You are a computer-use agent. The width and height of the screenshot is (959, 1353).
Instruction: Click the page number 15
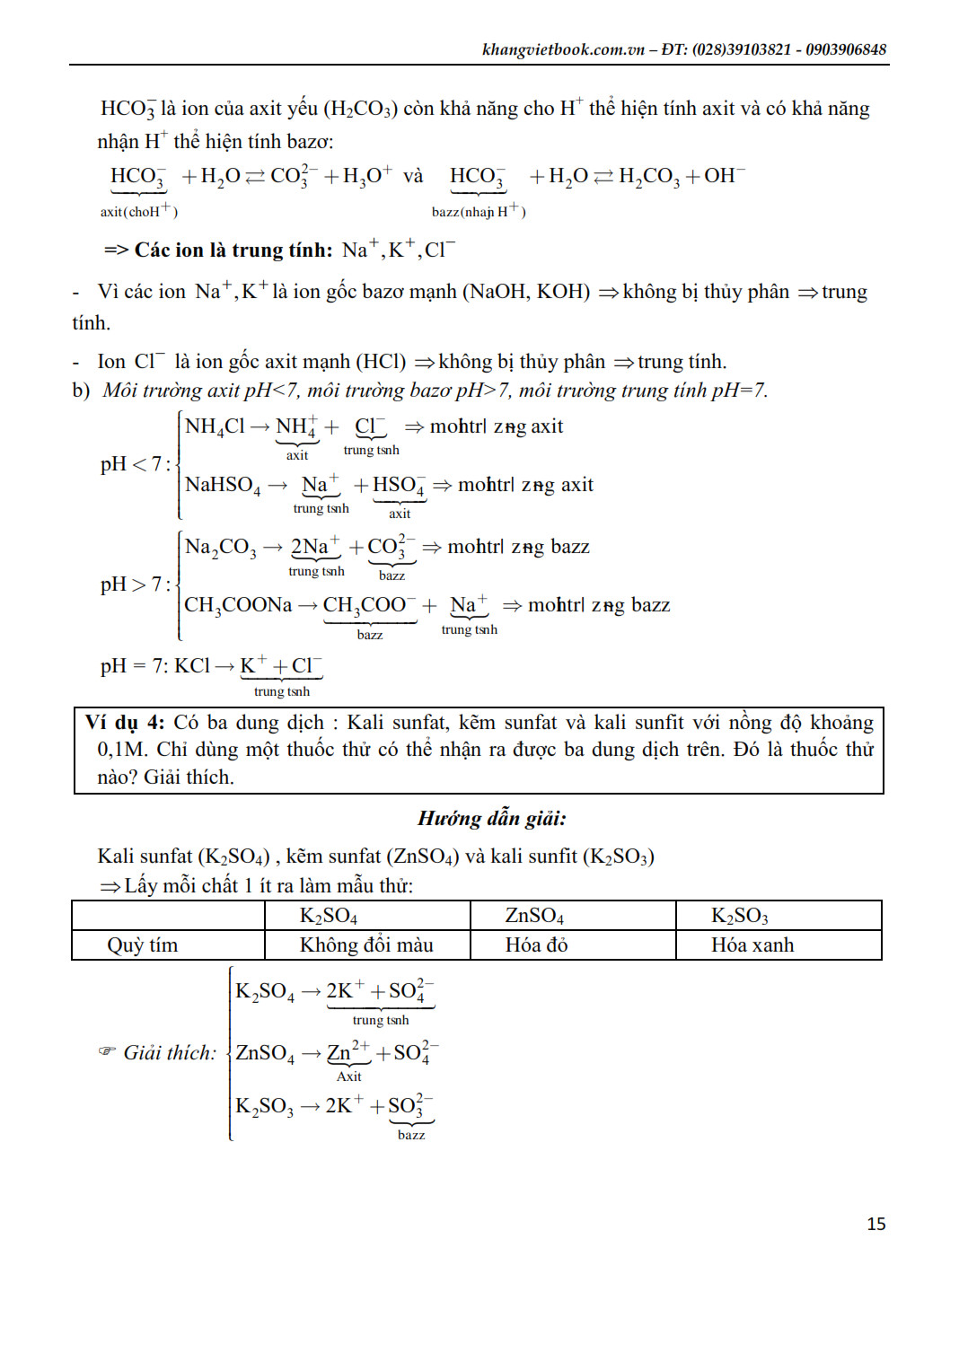tap(875, 1224)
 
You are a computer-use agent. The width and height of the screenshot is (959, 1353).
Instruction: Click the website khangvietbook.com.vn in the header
tap(563, 49)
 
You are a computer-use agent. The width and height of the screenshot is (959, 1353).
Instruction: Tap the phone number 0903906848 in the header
tap(846, 49)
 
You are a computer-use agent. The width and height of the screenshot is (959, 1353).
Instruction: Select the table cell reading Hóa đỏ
tap(536, 945)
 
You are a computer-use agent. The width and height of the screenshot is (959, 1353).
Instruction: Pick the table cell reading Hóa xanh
tap(752, 945)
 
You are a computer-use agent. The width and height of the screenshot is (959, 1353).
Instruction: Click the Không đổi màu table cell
tap(366, 945)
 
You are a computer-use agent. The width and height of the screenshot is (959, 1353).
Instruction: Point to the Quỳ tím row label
tap(142, 945)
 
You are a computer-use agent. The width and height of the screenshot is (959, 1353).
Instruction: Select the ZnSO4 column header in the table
tap(534, 916)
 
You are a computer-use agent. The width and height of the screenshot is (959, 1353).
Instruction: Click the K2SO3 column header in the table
tap(739, 916)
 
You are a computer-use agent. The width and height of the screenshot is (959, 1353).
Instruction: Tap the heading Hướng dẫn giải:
tap(491, 818)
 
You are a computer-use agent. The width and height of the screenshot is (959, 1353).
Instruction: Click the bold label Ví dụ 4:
tap(125, 723)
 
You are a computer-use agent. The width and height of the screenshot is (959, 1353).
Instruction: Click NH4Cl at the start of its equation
tap(215, 426)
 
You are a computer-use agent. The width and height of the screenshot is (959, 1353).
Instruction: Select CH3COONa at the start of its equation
tap(238, 605)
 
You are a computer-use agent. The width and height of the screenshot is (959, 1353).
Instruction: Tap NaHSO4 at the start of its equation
tap(223, 486)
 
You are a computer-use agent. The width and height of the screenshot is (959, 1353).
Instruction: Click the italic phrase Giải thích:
tap(170, 1052)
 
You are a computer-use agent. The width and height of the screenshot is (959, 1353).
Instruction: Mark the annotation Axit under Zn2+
tap(348, 1076)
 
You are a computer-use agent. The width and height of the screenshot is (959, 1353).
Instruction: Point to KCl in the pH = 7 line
tap(192, 666)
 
